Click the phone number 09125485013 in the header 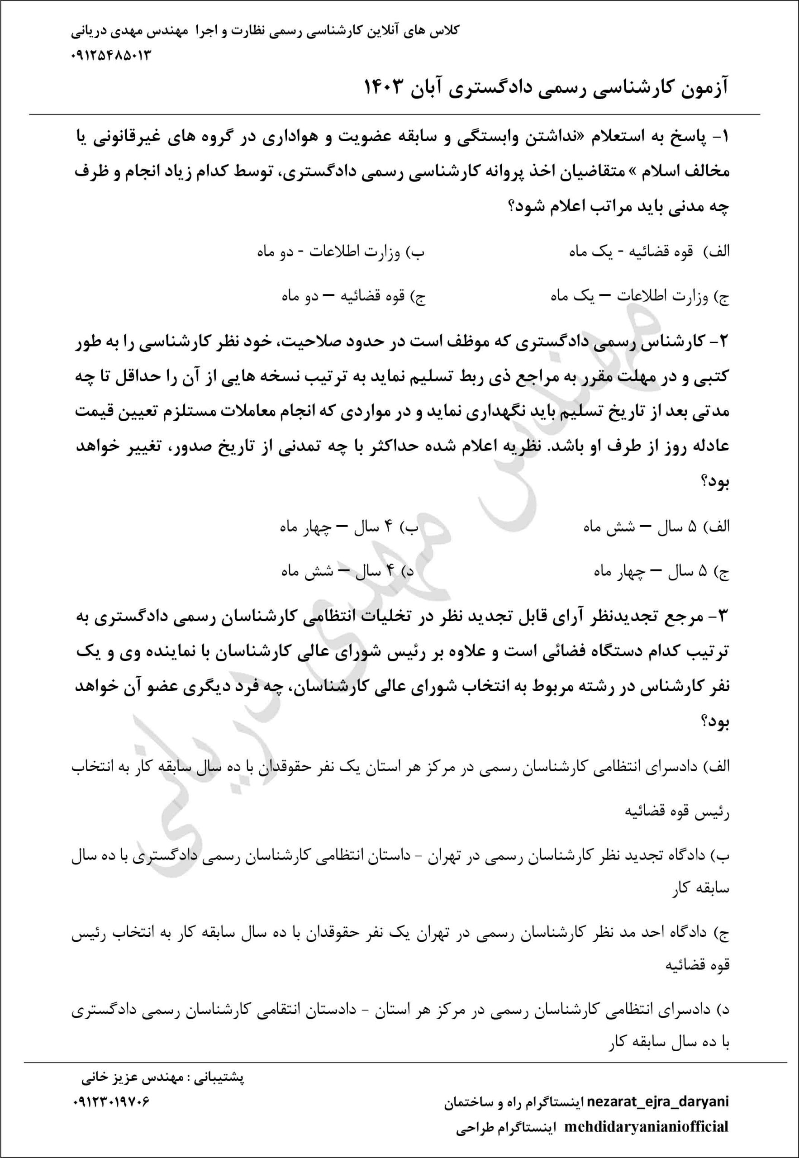(x=111, y=55)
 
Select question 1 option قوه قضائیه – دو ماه (x=353, y=297)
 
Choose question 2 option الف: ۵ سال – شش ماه (x=656, y=527)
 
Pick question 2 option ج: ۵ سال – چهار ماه (x=661, y=571)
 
